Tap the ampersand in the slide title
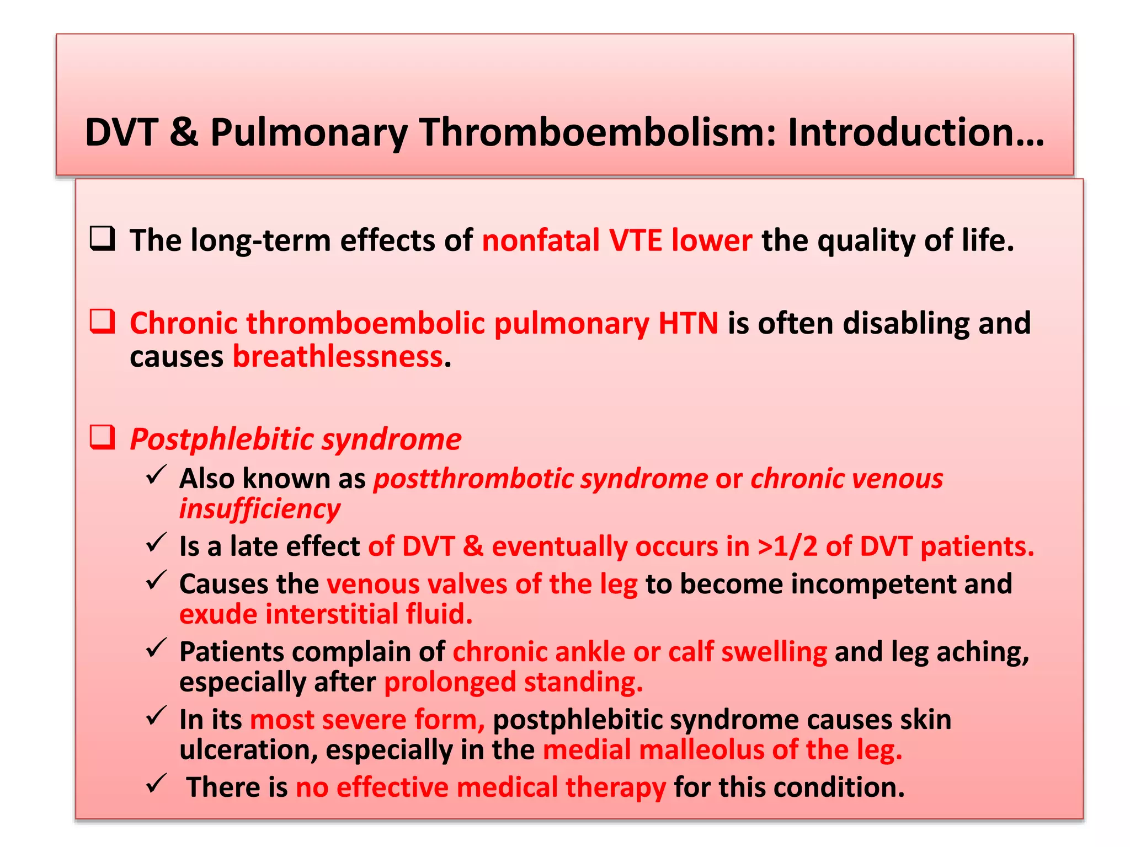pos(183,133)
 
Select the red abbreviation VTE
pos(635,241)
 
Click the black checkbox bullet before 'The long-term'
pos(103,239)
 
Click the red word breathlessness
pos(337,357)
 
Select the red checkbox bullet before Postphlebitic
pos(103,438)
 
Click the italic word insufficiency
pos(259,509)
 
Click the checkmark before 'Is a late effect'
pos(156,543)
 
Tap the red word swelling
pos(774,652)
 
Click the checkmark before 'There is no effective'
pos(156,784)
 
